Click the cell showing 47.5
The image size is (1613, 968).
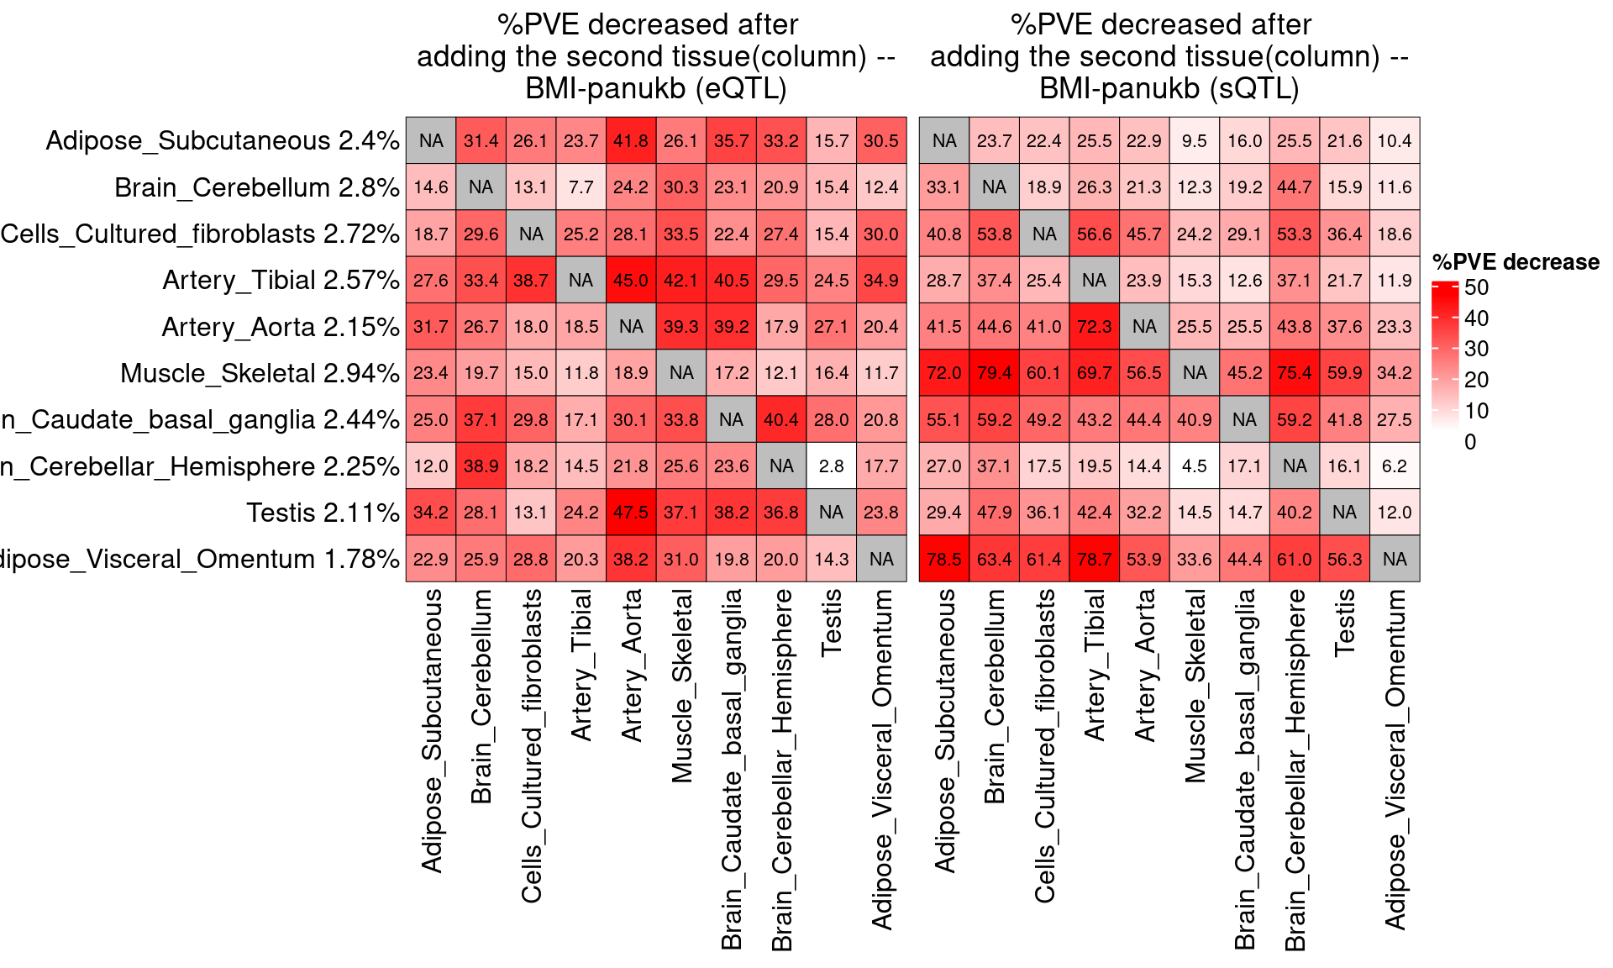click(631, 512)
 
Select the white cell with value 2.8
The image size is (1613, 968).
click(831, 466)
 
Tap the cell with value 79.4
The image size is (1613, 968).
click(994, 372)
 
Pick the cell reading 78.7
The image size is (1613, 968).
click(1094, 559)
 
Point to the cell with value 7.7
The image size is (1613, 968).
click(581, 187)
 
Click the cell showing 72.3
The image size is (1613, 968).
click(1094, 326)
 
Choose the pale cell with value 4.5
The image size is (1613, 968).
click(1194, 466)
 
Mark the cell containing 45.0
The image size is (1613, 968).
click(631, 280)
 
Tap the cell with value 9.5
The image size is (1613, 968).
click(1194, 140)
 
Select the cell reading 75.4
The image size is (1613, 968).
click(1294, 372)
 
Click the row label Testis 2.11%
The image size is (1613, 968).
click(323, 512)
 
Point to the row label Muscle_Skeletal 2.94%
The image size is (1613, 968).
click(260, 372)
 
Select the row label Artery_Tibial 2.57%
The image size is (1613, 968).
click(281, 280)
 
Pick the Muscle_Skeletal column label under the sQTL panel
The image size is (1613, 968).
click(1194, 686)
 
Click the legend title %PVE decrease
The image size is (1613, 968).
click(1516, 262)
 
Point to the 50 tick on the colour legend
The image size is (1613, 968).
click(1476, 287)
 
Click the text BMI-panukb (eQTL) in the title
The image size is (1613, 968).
click(655, 88)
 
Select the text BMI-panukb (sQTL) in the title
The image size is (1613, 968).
click(1169, 88)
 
